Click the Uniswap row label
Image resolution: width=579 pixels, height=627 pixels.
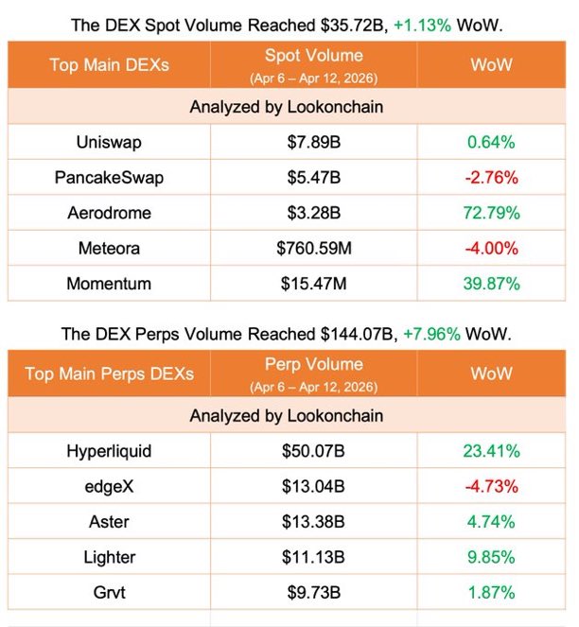(109, 143)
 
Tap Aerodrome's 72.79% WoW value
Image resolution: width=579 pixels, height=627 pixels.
(490, 213)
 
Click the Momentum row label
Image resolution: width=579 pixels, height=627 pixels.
(109, 283)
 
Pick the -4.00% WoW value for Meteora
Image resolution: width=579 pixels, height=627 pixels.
(490, 248)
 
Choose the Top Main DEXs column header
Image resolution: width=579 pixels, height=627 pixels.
(109, 64)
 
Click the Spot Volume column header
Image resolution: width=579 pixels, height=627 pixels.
(312, 56)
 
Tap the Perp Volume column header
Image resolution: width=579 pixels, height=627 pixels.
(312, 364)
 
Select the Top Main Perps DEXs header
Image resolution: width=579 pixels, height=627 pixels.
(109, 374)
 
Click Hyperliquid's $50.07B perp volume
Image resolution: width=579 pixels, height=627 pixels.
(312, 452)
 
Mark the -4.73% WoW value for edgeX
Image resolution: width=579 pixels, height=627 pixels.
(490, 487)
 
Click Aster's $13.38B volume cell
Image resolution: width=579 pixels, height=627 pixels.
(312, 522)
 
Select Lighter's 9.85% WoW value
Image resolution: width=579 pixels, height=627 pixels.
(490, 557)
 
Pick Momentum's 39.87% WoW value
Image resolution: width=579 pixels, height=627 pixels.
(490, 283)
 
